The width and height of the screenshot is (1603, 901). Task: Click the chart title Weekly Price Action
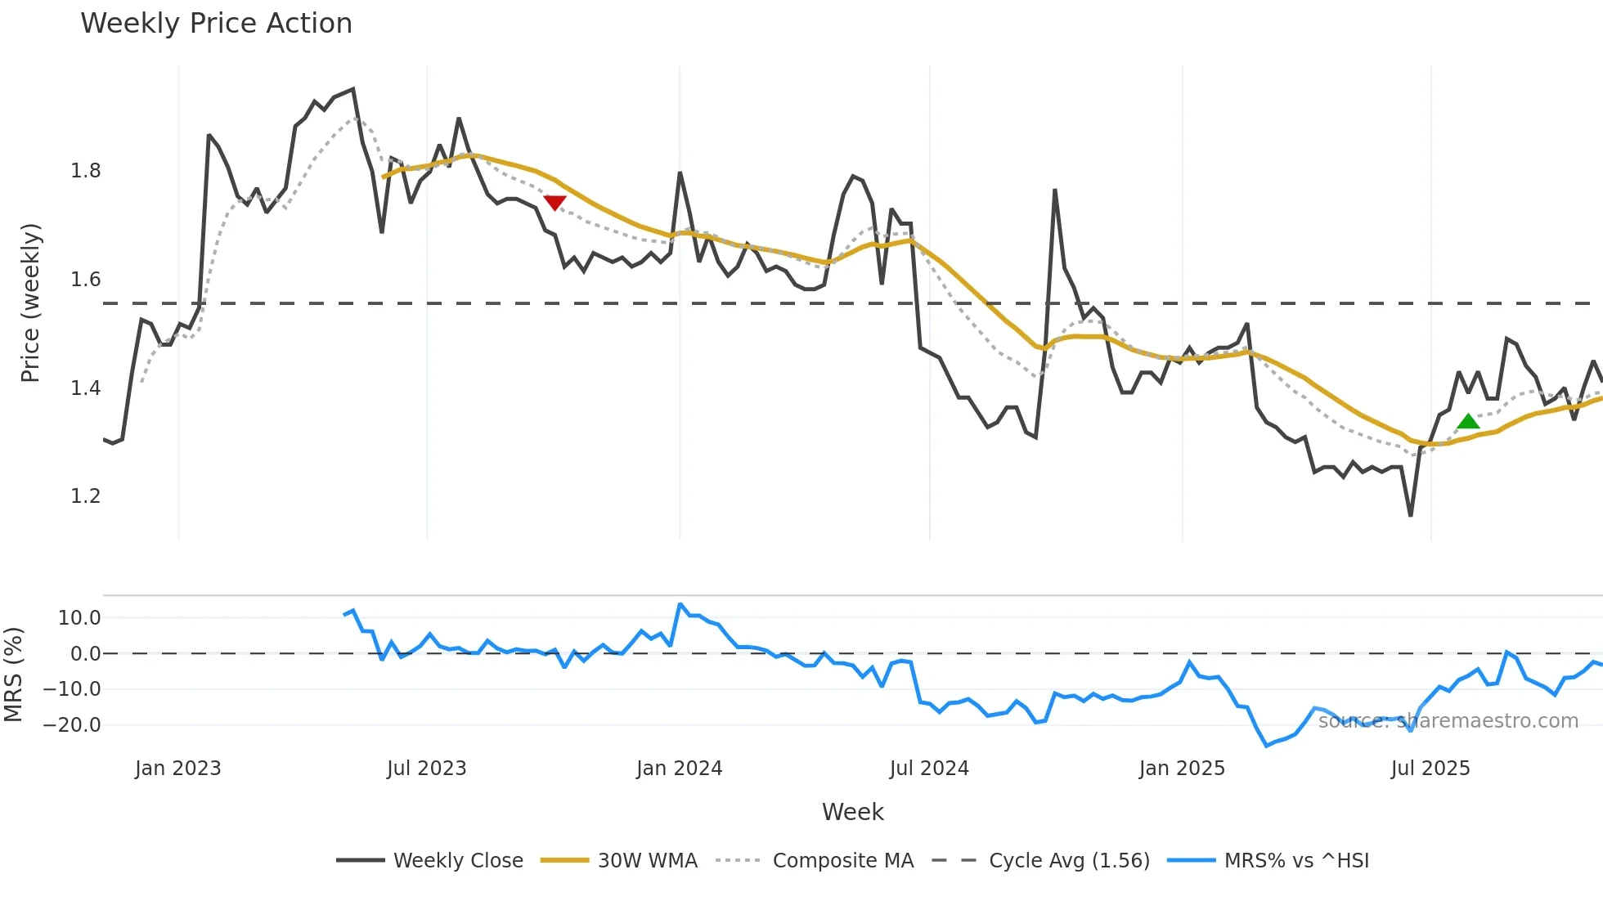coord(216,24)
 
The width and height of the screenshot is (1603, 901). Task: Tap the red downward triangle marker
coord(555,203)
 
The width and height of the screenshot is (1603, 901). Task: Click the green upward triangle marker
coord(1468,422)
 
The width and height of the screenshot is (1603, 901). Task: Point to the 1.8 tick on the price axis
coord(86,171)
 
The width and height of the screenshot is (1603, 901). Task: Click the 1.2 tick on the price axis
coord(86,496)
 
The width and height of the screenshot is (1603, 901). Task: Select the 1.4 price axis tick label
coord(86,388)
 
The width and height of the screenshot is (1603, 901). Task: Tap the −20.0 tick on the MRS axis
coord(72,725)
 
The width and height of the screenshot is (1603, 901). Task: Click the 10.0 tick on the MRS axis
coord(79,618)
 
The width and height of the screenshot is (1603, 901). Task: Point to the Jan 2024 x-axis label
coord(679,769)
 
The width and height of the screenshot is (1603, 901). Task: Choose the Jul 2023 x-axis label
coord(426,769)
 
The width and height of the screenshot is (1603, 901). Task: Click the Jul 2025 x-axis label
coord(1430,769)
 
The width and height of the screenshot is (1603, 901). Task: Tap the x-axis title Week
coord(852,812)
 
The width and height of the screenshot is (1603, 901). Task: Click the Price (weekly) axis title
coord(30,303)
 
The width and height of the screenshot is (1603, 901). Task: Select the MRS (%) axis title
coord(13,675)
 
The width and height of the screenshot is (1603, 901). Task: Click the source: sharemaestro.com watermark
coord(1448,721)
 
